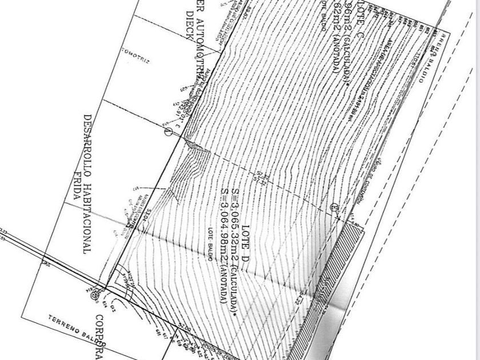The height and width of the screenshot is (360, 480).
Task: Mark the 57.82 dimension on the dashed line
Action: pyautogui.click(x=263, y=178)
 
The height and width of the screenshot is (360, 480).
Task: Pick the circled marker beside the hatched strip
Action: pyautogui.click(x=334, y=207)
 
